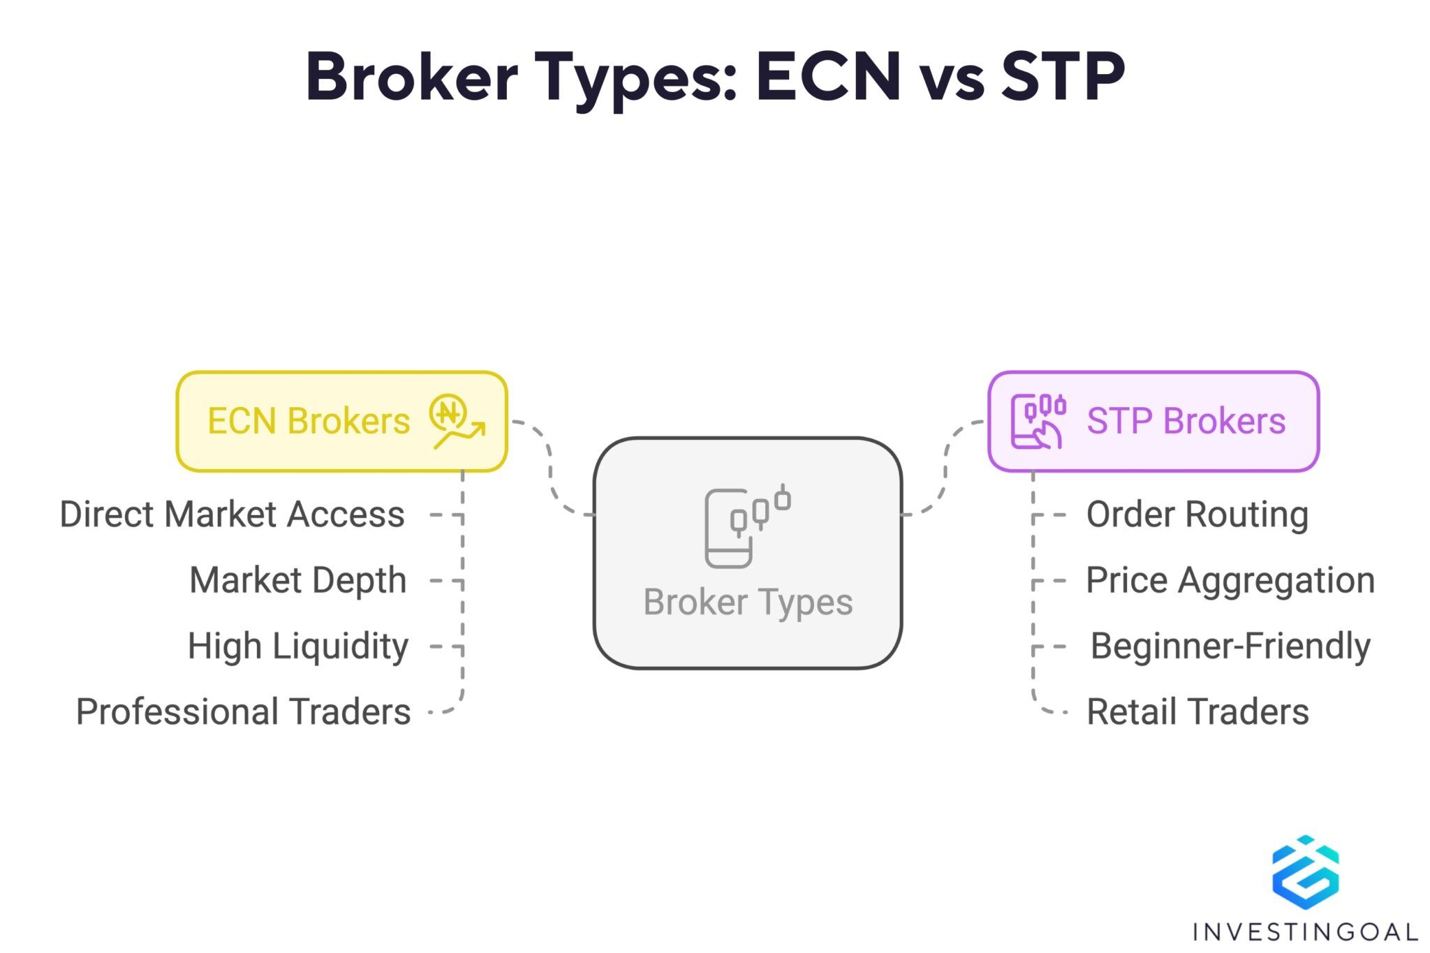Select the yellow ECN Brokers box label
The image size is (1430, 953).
(308, 421)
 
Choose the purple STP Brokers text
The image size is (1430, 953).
(1186, 421)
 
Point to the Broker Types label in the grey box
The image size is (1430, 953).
(747, 602)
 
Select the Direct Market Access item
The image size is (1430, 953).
(232, 515)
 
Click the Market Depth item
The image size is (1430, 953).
(297, 580)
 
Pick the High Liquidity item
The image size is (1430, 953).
(297, 646)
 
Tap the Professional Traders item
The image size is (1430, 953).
(243, 711)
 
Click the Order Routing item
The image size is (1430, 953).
(1197, 515)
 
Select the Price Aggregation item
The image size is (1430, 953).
(1230, 580)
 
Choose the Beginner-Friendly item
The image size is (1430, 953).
(1230, 646)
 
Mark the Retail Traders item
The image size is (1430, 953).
(1197, 711)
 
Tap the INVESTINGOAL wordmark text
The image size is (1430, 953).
(1304, 931)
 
